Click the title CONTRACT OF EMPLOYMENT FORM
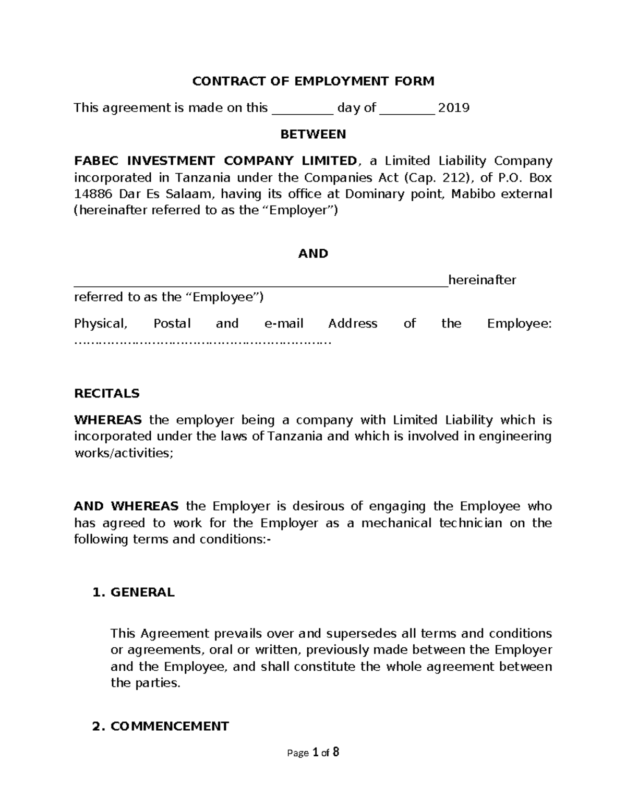coord(313,81)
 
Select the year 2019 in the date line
coord(453,108)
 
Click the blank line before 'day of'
coord(303,111)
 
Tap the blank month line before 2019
coord(407,111)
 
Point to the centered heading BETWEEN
coord(313,135)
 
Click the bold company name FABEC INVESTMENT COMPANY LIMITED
coord(215,161)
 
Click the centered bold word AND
coord(313,254)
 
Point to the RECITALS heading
coord(107,394)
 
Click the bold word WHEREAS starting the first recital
coord(108,420)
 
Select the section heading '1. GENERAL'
coord(133,593)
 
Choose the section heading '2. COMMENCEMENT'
coord(160,727)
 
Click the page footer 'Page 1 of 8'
coord(313,753)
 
